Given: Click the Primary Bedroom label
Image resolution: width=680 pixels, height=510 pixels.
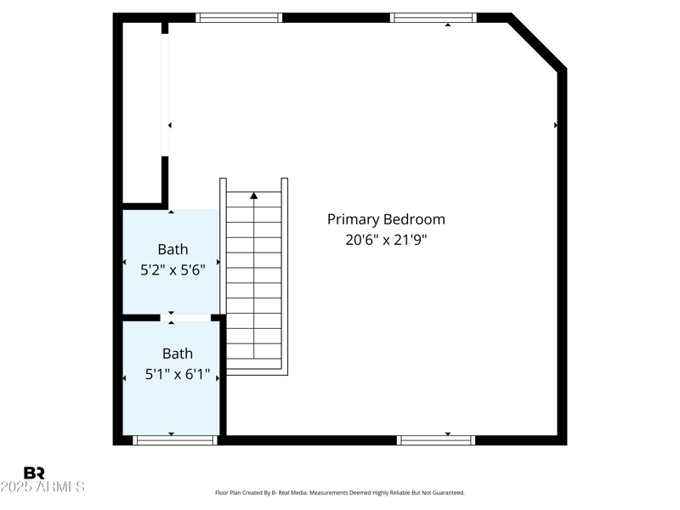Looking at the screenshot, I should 386,219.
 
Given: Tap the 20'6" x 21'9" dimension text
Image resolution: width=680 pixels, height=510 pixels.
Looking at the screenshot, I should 386,240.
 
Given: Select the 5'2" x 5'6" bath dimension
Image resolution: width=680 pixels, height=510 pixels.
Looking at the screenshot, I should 173,269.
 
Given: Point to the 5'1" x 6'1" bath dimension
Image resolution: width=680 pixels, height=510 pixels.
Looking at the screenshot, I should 178,374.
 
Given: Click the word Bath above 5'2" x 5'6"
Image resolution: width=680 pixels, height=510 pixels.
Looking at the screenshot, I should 173,249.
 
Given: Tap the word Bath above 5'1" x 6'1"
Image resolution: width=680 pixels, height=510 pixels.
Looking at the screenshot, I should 178,354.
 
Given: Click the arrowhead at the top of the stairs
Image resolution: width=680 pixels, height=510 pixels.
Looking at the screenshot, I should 253,195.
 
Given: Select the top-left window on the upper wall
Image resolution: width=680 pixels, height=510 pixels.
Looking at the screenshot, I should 239,17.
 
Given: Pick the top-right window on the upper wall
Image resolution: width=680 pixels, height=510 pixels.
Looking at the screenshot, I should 433,17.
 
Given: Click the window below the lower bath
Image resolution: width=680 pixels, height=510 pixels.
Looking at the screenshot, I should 175,440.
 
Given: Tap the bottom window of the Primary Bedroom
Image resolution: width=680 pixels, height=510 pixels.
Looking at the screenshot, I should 436,440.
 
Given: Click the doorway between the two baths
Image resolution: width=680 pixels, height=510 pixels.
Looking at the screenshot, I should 185,318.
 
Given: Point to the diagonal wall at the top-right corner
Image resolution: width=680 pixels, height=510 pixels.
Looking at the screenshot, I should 537,41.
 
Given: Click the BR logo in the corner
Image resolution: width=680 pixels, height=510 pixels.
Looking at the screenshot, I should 34,473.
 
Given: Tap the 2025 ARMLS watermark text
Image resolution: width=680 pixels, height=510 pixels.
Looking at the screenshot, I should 42,487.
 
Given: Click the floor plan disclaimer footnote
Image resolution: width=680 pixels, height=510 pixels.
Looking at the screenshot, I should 340,492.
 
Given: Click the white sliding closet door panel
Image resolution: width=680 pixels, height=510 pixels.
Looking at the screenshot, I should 165,93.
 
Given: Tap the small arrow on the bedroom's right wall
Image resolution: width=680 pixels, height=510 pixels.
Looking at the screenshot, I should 556,125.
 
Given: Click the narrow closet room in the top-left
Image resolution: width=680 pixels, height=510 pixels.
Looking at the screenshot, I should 142,110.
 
